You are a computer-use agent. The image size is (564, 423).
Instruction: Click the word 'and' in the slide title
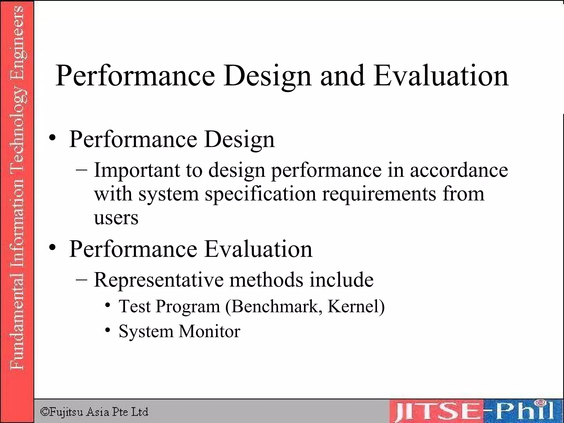[342, 76]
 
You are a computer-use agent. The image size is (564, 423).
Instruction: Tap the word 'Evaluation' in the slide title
[441, 76]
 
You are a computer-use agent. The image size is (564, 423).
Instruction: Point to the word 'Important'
[137, 170]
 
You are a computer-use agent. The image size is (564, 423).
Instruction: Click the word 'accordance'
[459, 170]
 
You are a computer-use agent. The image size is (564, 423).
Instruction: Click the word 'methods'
[266, 280]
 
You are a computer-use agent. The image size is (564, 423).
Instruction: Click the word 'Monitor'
[210, 331]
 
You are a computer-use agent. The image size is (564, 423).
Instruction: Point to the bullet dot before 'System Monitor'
[108, 330]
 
